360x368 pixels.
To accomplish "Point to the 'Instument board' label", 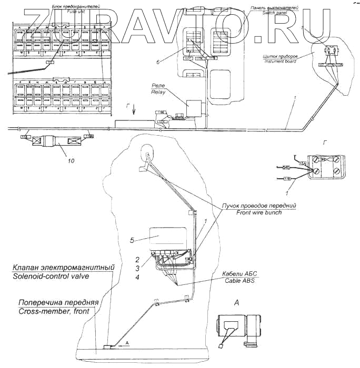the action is (278, 62).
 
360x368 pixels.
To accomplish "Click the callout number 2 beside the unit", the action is (137, 260).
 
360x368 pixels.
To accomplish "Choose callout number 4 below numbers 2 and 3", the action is (137, 277).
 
